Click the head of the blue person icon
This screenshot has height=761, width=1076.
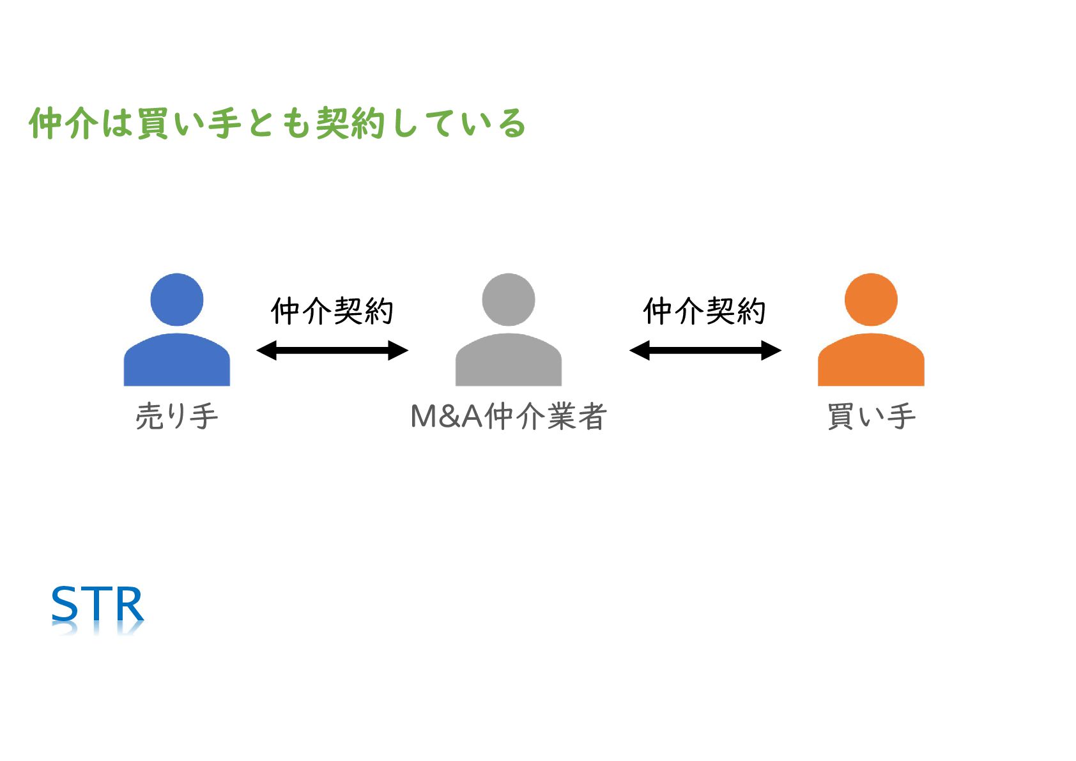click(x=176, y=300)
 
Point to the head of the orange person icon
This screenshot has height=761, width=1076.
click(x=870, y=300)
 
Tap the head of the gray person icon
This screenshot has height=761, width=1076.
click(x=508, y=300)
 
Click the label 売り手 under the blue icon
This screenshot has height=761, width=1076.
click(x=176, y=417)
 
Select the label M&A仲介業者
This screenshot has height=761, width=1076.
click(x=508, y=417)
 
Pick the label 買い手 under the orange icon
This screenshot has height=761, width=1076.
click(x=871, y=417)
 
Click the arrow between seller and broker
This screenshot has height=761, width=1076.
click(x=332, y=350)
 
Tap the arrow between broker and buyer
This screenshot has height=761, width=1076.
click(x=705, y=350)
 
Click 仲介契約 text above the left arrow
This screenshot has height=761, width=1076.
click(x=332, y=311)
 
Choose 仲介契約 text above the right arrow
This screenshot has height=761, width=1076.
click(x=704, y=311)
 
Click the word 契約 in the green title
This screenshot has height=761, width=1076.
click(x=350, y=123)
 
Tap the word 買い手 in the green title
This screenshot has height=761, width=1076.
click(x=188, y=123)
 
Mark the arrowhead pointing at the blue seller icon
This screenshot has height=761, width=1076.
click(x=266, y=350)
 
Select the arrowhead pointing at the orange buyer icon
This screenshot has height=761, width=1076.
click(x=771, y=350)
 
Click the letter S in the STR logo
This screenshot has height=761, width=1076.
click(x=65, y=604)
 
